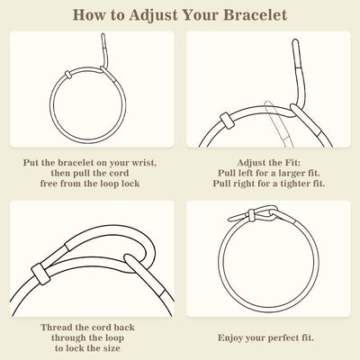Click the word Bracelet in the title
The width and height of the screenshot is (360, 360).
(x=256, y=15)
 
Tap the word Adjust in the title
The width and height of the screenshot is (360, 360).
(x=154, y=15)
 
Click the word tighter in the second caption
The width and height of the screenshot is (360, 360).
(x=295, y=184)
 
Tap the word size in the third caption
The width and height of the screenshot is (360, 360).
(x=112, y=348)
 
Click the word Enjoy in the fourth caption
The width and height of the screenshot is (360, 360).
(x=230, y=338)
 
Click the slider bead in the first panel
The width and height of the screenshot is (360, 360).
(x=68, y=75)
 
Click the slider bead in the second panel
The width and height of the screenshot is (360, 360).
(x=227, y=121)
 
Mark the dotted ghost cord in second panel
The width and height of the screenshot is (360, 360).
(x=278, y=124)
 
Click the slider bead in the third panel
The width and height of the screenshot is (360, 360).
(x=40, y=274)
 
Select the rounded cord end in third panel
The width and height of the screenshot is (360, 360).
(x=130, y=258)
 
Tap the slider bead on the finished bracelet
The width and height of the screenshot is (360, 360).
(x=251, y=215)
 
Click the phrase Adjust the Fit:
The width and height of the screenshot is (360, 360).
(x=268, y=163)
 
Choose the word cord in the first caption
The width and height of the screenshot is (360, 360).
(x=119, y=173)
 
